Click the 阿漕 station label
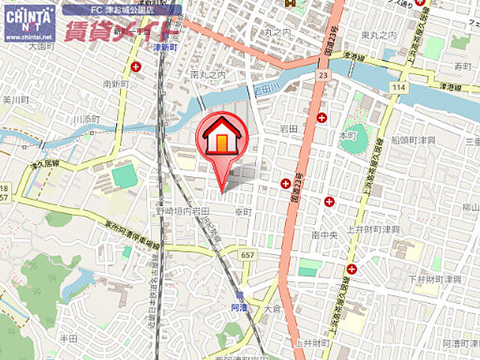coord(238,306)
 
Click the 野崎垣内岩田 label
coord(184,212)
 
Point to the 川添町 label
coord(87,118)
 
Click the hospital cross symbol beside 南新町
coord(135,67)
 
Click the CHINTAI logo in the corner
coord(29,22)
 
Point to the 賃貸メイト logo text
coord(120,31)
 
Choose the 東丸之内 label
coord(377,35)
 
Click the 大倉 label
coord(271,308)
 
